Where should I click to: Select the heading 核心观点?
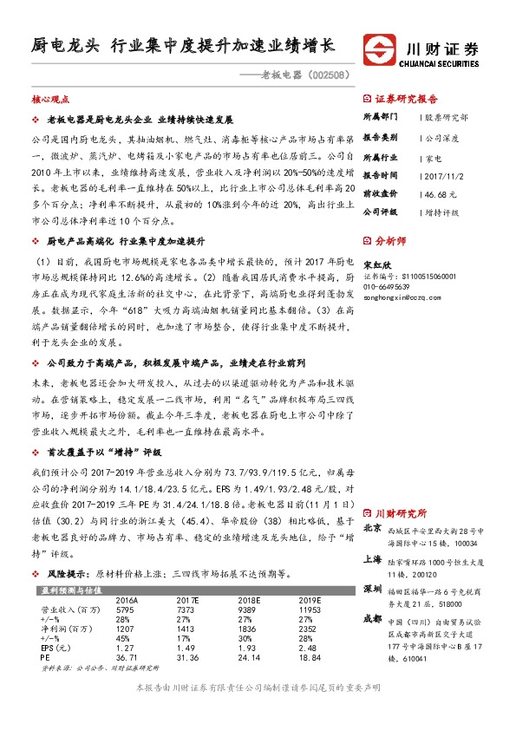click(49, 100)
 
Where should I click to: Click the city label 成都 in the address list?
click(371, 618)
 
